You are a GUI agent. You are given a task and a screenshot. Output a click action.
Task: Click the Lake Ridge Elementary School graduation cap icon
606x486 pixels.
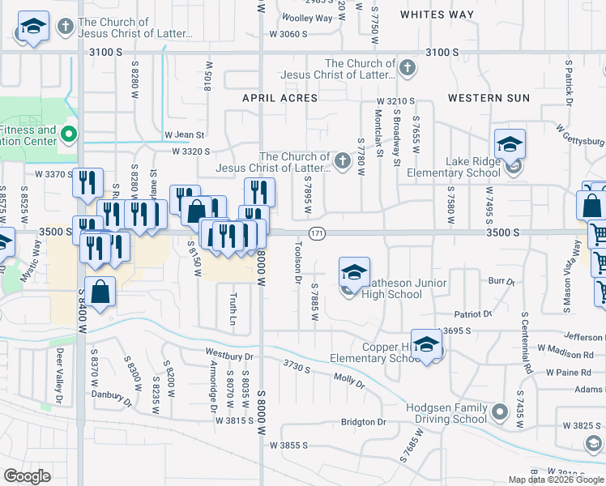click(510, 144)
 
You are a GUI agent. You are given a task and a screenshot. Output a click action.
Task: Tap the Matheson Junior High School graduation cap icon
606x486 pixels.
click(354, 272)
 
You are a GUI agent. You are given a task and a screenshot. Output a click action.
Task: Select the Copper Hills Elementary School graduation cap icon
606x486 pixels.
click(426, 345)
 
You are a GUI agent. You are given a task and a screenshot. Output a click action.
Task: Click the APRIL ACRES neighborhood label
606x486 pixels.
click(280, 98)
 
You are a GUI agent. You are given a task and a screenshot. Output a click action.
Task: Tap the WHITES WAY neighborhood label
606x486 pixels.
click(437, 15)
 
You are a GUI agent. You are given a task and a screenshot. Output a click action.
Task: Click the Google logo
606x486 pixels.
click(27, 476)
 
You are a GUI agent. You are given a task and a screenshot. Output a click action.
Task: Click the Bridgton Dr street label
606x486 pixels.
click(364, 422)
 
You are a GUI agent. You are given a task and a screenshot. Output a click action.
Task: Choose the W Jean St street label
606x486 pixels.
click(185, 134)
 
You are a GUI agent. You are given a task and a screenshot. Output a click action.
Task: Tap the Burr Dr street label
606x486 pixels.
click(501, 282)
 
